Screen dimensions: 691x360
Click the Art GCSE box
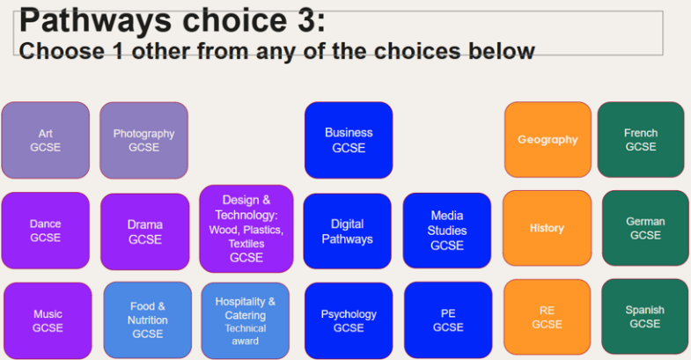click(x=46, y=140)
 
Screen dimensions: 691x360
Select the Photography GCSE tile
click(x=143, y=141)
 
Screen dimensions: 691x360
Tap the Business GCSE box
click(x=349, y=140)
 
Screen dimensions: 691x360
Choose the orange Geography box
click(x=548, y=139)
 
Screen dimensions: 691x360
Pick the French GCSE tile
click(x=641, y=139)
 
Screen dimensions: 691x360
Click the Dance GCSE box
click(x=46, y=231)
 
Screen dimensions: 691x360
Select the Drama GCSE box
click(x=145, y=231)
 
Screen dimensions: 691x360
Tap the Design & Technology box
click(x=246, y=229)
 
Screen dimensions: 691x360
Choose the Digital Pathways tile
click(x=348, y=231)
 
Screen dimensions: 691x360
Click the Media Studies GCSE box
click(x=447, y=231)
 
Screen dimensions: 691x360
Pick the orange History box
click(x=547, y=228)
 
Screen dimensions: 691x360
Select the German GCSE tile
click(x=645, y=228)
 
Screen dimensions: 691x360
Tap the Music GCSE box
click(x=48, y=320)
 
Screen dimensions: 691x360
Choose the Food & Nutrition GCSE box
click(x=148, y=320)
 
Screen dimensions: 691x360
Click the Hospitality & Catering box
click(x=246, y=321)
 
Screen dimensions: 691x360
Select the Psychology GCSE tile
click(x=349, y=320)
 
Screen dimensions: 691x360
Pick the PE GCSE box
click(x=448, y=320)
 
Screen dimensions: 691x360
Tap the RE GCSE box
click(x=547, y=317)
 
